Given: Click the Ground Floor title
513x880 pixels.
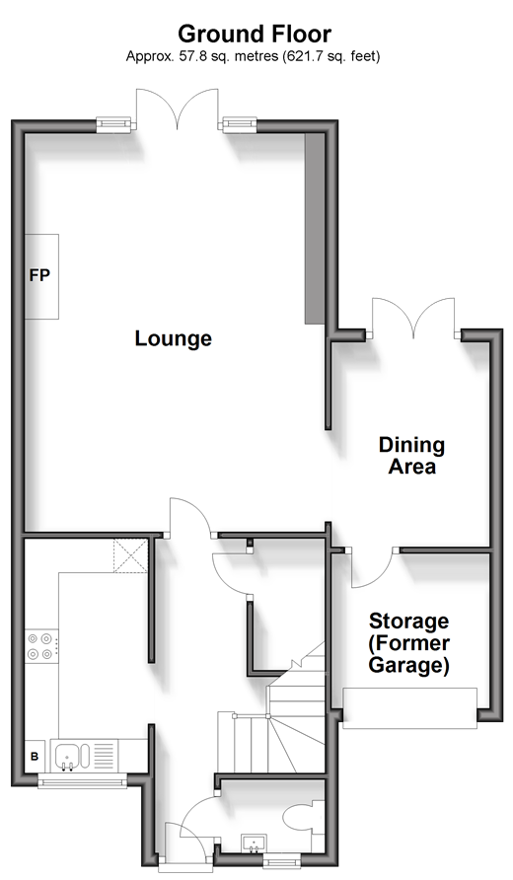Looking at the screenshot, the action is (255, 35).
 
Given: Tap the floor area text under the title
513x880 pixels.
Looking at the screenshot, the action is (254, 56).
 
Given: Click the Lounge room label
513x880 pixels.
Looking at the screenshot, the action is (174, 338).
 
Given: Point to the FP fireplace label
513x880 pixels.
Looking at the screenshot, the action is (39, 275).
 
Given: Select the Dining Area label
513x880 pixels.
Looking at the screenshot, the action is (412, 455).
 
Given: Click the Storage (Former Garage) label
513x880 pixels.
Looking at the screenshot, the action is (408, 643).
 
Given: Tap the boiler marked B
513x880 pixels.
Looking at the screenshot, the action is (35, 756).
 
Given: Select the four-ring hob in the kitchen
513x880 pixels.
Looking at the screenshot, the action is (42, 645).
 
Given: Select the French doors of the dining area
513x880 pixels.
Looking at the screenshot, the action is (413, 319).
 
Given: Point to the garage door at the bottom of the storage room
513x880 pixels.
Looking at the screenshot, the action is (410, 708).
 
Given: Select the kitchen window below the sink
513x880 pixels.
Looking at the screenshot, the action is (83, 780).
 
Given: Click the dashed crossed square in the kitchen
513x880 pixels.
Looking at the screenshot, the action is (131, 555).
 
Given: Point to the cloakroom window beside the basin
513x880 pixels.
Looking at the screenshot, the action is (282, 860).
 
